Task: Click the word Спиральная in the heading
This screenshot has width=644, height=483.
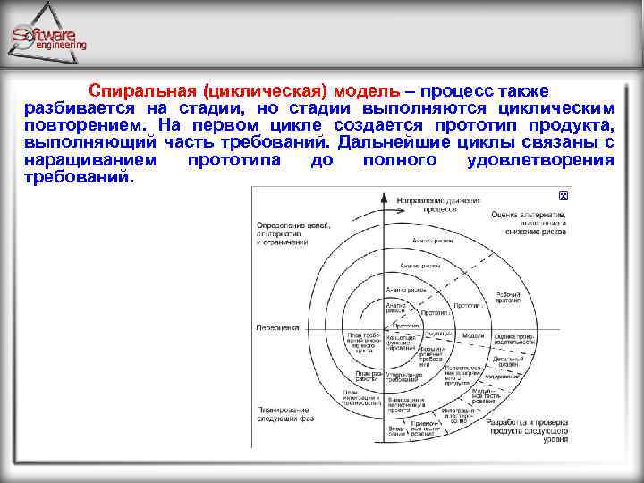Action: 144,91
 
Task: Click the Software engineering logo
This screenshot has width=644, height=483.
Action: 50,38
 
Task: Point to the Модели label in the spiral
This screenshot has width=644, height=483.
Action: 473,335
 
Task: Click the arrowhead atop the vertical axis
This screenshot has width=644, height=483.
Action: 385,192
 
